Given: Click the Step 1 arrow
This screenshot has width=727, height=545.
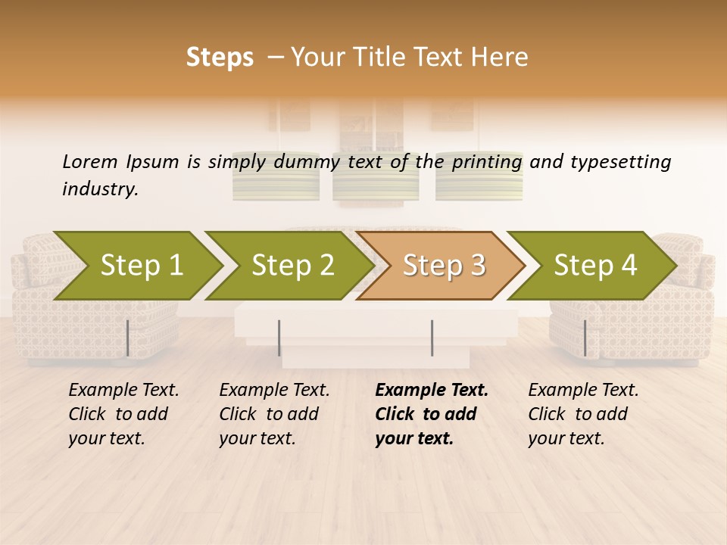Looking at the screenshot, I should coord(141,266).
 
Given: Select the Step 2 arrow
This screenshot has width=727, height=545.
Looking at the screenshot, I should coord(292,266).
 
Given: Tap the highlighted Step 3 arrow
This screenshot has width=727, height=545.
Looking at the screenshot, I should coord(443,266).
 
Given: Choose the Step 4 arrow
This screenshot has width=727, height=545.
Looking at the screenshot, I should coord(594,266).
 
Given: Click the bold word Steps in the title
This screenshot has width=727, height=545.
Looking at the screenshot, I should coord(220,57).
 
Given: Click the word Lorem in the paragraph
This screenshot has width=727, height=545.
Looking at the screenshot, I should coord(89,161).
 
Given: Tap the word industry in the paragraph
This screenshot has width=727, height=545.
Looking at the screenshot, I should coord(100,188).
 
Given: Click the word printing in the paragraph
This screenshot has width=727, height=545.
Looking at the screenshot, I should coord(486,161).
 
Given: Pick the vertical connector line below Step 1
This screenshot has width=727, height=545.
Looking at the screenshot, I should coord(128,338).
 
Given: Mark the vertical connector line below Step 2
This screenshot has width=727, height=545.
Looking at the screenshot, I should coord(279,338).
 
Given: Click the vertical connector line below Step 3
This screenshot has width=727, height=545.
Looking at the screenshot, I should coord(432,338).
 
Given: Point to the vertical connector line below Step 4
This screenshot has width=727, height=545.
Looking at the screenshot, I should coord(585,338).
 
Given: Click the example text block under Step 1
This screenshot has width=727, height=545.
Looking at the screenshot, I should coord(123,414).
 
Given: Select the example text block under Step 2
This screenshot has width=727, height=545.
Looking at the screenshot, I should coord(274,414).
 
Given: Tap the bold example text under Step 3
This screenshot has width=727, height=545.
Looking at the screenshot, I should coord(432,414).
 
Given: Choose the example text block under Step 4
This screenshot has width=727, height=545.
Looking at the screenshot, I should coord(583,414).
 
